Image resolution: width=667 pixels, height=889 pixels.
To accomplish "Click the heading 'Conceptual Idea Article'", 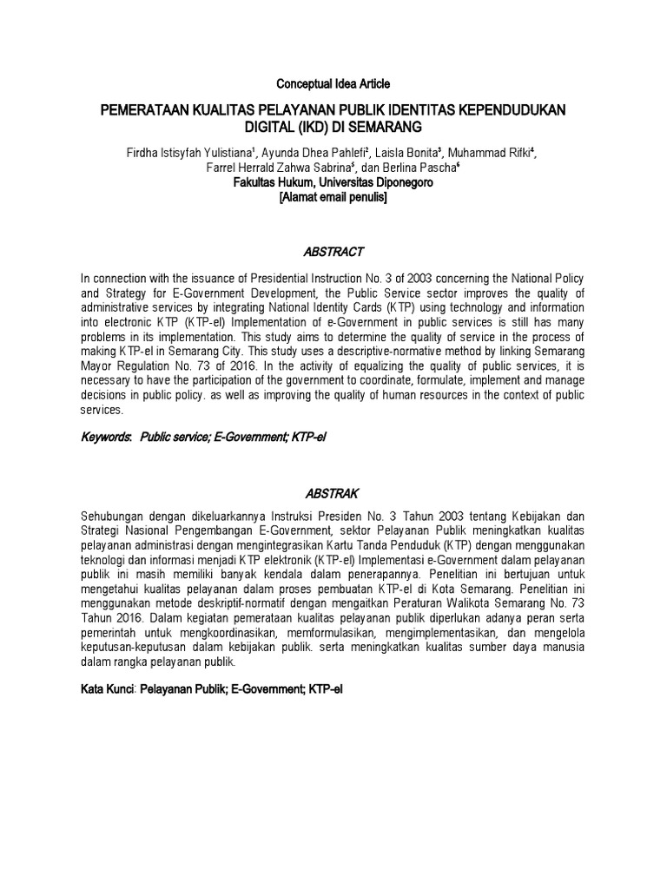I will [333, 84].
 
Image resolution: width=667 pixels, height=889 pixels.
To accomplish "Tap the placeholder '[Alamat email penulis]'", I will [333, 198].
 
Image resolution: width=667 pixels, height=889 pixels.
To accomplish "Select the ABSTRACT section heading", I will [333, 252].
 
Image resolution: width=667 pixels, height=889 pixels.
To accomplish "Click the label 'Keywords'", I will [105, 438].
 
